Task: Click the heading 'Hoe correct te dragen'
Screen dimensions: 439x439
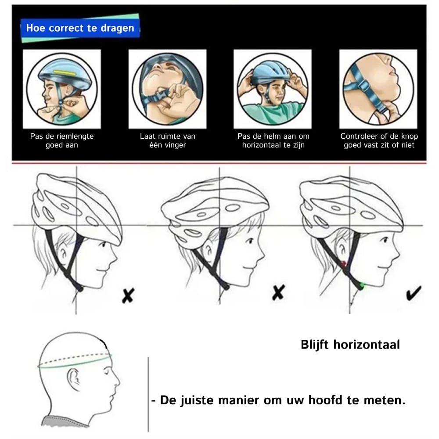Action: tap(80, 28)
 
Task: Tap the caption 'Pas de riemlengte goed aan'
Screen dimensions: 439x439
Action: tap(62, 140)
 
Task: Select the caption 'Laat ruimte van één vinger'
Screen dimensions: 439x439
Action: tap(167, 140)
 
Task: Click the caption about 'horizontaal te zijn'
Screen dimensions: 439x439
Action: tap(273, 140)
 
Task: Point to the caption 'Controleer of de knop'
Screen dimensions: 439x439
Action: tap(379, 136)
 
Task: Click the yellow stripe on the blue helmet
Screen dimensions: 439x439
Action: tap(65, 73)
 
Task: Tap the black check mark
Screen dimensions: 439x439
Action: tap(414, 293)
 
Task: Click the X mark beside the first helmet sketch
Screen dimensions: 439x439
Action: tap(128, 296)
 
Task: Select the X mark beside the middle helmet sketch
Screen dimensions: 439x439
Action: tap(278, 292)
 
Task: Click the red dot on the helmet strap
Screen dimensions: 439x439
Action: tap(343, 263)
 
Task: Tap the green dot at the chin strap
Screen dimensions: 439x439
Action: tap(362, 286)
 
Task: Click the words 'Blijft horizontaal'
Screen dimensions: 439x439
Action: tap(350, 345)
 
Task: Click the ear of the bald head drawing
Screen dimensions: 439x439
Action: tap(73, 379)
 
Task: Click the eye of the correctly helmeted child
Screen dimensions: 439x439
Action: tap(385, 240)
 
